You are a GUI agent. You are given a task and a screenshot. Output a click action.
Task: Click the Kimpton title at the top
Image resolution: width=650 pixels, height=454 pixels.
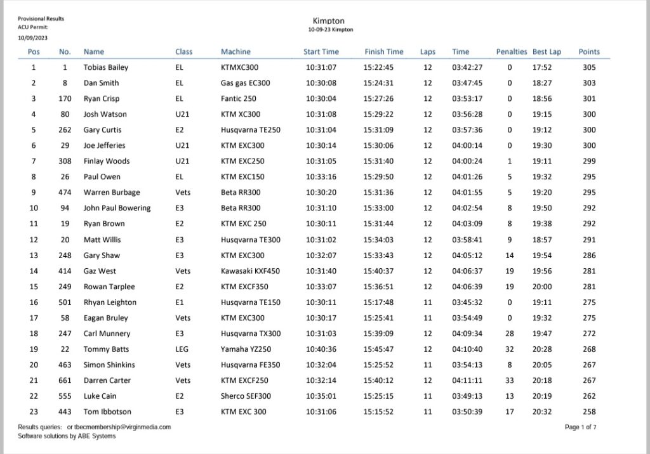328,21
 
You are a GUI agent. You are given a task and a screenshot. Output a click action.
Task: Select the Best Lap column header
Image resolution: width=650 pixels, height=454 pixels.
547,52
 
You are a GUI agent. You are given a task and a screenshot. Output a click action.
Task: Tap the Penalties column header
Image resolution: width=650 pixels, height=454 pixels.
511,52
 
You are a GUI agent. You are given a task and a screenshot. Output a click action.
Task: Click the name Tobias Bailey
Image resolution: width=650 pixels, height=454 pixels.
105,67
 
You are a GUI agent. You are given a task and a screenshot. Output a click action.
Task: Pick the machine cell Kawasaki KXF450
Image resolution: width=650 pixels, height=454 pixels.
250,271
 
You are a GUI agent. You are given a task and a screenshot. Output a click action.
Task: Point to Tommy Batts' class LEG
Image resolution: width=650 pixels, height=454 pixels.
182,349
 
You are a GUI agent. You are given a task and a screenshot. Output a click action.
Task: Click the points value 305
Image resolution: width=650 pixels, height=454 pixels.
588,67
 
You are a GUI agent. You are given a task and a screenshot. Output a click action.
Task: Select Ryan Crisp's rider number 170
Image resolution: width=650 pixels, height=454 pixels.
64,99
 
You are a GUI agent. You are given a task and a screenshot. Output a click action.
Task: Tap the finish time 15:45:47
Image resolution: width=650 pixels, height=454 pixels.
378,349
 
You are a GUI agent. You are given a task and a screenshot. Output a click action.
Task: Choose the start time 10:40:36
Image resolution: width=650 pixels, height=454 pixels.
321,349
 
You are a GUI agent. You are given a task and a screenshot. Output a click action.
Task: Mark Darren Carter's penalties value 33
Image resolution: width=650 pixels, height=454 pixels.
510,380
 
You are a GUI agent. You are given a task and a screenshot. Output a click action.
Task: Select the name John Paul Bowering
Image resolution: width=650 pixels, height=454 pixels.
117,208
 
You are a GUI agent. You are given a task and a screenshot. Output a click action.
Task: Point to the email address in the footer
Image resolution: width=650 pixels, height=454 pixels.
123,427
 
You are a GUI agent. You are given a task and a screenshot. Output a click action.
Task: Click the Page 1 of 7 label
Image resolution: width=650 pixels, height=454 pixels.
580,427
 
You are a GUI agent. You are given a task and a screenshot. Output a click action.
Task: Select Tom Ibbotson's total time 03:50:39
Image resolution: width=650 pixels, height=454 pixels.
467,412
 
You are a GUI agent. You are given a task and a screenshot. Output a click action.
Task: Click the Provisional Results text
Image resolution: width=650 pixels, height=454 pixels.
41,19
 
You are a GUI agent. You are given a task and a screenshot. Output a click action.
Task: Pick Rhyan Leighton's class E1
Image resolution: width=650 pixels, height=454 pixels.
180,302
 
